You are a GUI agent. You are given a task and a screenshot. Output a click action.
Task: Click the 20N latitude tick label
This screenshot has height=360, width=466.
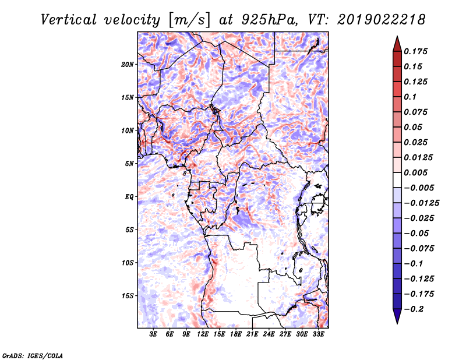click(128, 64)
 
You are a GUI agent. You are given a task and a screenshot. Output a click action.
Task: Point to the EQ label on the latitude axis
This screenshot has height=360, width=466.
click(129, 196)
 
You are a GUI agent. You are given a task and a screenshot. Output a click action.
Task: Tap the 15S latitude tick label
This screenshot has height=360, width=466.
click(128, 295)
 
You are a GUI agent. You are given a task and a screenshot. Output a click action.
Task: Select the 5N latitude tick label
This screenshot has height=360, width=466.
click(129, 163)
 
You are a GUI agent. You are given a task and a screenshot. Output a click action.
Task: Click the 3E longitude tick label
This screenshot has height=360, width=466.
click(154, 334)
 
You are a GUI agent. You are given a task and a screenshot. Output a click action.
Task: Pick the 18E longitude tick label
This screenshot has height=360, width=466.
click(236, 334)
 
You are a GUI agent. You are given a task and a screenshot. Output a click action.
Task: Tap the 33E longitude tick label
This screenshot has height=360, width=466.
click(318, 334)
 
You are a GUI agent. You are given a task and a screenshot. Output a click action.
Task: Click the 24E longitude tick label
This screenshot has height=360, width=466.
click(269, 334)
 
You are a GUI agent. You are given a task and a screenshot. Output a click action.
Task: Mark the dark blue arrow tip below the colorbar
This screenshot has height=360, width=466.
click(397, 319)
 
